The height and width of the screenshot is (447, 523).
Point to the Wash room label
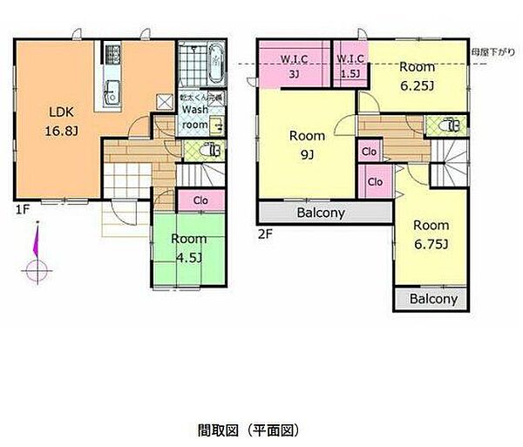[x=194, y=118]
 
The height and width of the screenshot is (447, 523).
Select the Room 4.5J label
[x=188, y=247]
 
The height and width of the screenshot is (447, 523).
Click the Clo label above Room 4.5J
[x=200, y=200]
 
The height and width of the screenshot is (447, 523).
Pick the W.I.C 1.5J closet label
[x=351, y=65]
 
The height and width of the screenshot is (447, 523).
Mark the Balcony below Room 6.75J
[x=433, y=299]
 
